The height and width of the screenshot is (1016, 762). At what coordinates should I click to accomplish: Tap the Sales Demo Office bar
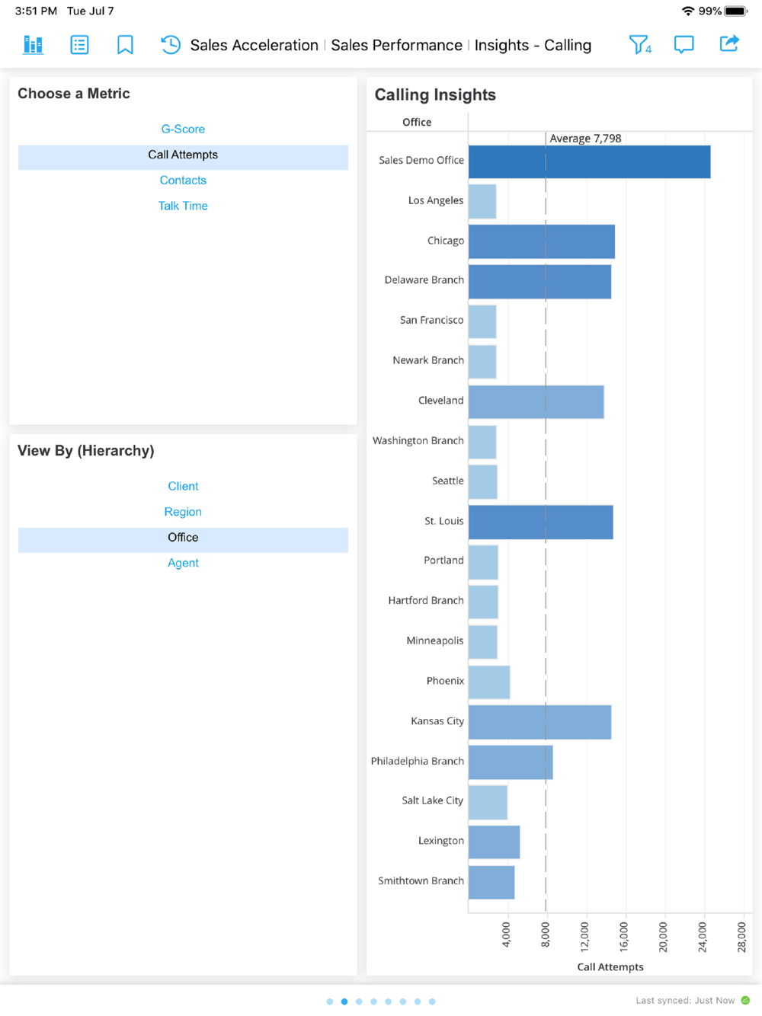click(x=589, y=161)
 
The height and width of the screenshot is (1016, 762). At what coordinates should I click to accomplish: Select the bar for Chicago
click(x=541, y=241)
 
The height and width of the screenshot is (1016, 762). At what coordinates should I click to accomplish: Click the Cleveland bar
click(x=536, y=401)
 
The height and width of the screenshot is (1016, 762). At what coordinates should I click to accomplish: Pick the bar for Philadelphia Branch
click(x=510, y=762)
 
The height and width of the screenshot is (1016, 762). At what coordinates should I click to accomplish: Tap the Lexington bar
click(x=494, y=842)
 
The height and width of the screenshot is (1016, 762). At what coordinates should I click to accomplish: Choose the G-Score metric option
click(x=183, y=129)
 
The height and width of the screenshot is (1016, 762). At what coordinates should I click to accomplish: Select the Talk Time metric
click(x=183, y=206)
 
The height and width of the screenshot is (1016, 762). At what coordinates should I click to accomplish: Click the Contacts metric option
click(x=183, y=181)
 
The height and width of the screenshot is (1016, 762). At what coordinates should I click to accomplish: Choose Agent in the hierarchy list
click(x=183, y=563)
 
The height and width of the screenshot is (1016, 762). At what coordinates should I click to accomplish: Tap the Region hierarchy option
click(x=183, y=512)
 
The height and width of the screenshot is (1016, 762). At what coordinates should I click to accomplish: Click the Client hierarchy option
click(x=183, y=486)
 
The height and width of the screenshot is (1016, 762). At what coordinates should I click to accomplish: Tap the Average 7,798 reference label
click(x=585, y=139)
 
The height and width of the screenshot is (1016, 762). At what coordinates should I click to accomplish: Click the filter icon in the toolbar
click(x=639, y=45)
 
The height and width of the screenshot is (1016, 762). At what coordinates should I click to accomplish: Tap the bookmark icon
click(x=125, y=45)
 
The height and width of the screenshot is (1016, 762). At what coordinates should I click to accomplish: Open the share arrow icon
click(x=729, y=44)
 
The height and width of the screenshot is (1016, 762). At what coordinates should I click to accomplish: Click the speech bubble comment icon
click(x=684, y=45)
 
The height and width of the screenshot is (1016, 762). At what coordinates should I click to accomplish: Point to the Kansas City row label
click(x=437, y=721)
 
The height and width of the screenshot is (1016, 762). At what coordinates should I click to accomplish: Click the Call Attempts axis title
click(x=610, y=967)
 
